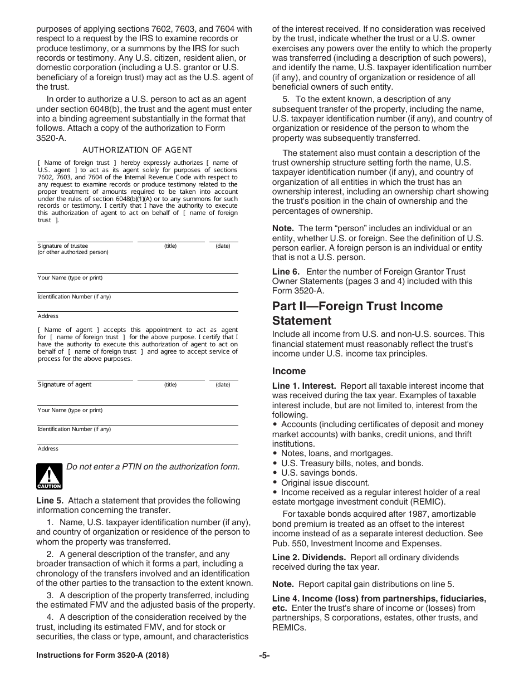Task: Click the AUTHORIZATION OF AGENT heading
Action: (137, 150)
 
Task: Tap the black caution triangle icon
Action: (49, 476)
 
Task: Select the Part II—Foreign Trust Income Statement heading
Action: (357, 313)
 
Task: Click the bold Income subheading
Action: (288, 371)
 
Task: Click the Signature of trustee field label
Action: (63, 246)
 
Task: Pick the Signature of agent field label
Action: (65, 384)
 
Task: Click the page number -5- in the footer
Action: (264, 655)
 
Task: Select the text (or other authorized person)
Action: (73, 252)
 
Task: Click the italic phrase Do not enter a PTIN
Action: (111, 467)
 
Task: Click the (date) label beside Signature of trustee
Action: (223, 246)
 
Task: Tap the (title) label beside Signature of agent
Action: (170, 384)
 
